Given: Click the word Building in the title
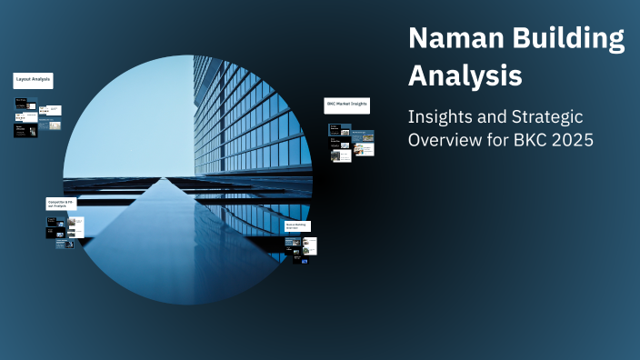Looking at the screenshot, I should pyautogui.click(x=567, y=40).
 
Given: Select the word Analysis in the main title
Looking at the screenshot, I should pyautogui.click(x=465, y=75).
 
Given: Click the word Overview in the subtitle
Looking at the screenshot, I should pyautogui.click(x=445, y=141).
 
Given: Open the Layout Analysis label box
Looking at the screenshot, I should pyautogui.click(x=33, y=81).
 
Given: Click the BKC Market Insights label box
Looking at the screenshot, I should pyautogui.click(x=347, y=105).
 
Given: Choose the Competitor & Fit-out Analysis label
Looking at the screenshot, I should pyautogui.click(x=62, y=204).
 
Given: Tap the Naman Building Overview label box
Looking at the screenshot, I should pyautogui.click(x=297, y=226).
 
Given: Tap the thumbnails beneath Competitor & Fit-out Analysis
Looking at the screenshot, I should pyautogui.click(x=65, y=231).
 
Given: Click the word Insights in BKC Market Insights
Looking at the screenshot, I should pyautogui.click(x=358, y=105).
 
